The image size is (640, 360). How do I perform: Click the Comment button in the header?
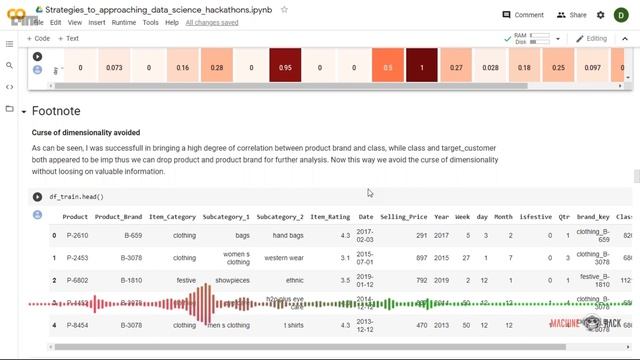pyautogui.click(x=523, y=15)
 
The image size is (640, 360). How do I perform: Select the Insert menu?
pyautogui.click(x=97, y=22)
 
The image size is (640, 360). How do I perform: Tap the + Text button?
pyautogui.click(x=69, y=38)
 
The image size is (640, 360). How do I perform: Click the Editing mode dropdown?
pyautogui.click(x=592, y=38)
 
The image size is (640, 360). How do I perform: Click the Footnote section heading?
pyautogui.click(x=56, y=111)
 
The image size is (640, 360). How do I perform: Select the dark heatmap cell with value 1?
pyautogui.click(x=421, y=68)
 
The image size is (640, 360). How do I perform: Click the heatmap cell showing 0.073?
pyautogui.click(x=114, y=68)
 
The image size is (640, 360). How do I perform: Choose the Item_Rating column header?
pyautogui.click(x=330, y=217)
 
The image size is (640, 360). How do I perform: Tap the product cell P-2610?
pyautogui.click(x=76, y=236)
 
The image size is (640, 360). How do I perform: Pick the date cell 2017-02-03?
pyautogui.click(x=366, y=236)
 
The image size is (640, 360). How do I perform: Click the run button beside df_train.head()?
pyautogui.click(x=38, y=197)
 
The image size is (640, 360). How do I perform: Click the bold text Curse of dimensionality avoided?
pyautogui.click(x=86, y=132)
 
